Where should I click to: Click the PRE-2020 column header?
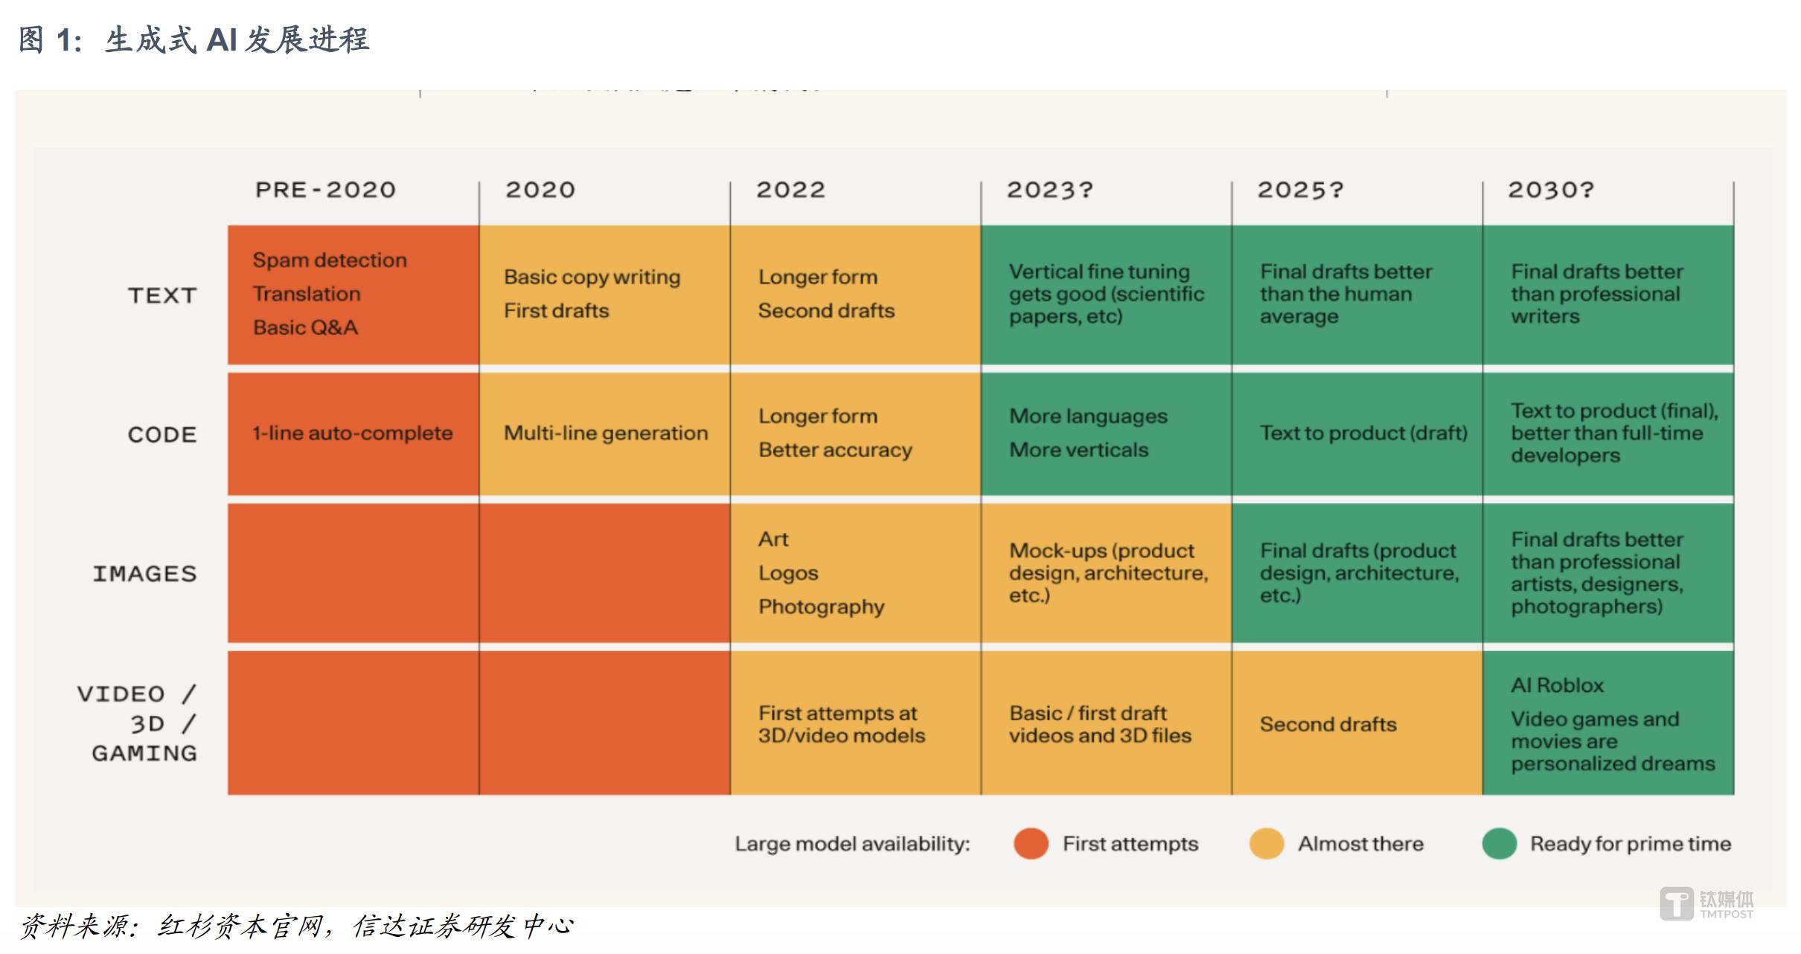pos(325,190)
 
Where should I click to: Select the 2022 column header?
pos(790,190)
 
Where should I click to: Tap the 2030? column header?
pos(1550,190)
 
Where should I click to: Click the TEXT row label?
pos(162,295)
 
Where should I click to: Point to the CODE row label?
pos(162,435)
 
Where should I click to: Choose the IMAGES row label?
pos(145,574)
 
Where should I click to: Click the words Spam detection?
pos(330,260)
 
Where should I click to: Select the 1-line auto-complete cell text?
pos(352,433)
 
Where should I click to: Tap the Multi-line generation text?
pos(606,433)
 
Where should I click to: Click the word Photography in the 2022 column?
pos(821,606)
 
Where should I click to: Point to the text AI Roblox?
pos(1557,685)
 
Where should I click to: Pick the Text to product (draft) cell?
pos(1363,433)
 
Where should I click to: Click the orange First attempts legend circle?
pos(1031,844)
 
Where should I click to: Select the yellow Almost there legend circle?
pos(1267,844)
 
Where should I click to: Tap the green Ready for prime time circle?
pos(1500,844)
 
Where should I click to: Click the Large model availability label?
pos(852,844)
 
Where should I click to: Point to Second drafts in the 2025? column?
pos(1328,724)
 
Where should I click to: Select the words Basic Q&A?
pos(305,327)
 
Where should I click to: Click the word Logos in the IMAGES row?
pos(788,573)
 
